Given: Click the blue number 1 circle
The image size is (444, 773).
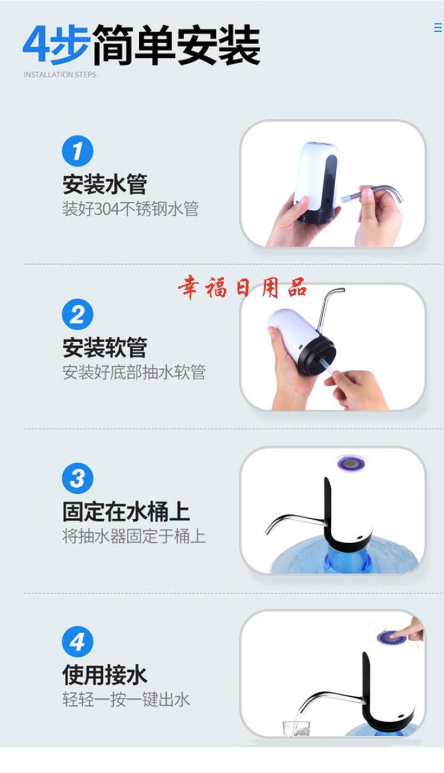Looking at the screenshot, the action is [77, 151].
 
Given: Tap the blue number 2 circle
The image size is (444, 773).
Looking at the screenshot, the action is [77, 315].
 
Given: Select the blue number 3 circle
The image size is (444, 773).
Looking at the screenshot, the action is [77, 478].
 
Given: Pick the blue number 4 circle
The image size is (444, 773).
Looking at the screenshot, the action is [77, 641].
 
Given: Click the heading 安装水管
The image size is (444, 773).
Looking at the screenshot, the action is [104, 184].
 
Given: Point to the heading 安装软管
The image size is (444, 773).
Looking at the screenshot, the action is [104, 348].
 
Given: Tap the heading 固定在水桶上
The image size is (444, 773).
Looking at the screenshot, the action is [126, 512].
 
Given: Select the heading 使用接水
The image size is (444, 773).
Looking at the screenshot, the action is [104, 675].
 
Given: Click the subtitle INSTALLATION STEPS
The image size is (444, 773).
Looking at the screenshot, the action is [60, 74].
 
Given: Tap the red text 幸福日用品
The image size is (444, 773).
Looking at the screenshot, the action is [243, 287].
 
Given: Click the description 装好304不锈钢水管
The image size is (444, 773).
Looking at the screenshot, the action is [130, 209].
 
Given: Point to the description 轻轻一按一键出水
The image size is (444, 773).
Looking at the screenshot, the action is [126, 700].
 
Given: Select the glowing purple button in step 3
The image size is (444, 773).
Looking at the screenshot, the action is [351, 463].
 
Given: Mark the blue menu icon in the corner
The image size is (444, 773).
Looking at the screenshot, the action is [438, 28].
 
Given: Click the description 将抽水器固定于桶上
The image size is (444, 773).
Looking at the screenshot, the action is [134, 536].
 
